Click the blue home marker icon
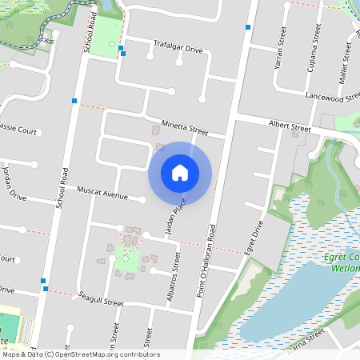pyautogui.click(x=180, y=173)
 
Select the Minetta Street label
pyautogui.click(x=184, y=126)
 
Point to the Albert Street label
pyautogui.click(x=290, y=126)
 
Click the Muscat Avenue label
pyautogui.click(x=102, y=194)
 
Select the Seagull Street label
pyautogui.click(x=101, y=302)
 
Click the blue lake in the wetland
pyautogui.click(x=296, y=300)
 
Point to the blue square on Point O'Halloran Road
pyautogui.click(x=249, y=27)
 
